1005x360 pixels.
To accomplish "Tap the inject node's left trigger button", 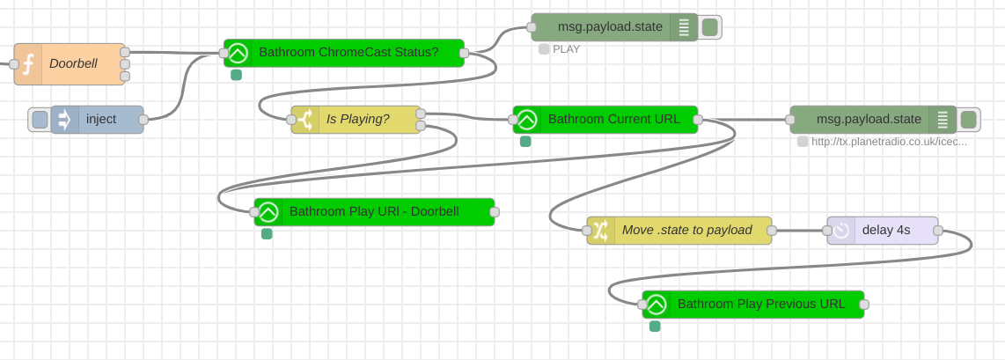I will (40, 120).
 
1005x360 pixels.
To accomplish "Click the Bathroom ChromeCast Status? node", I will (348, 53).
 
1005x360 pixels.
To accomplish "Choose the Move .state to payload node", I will (686, 231).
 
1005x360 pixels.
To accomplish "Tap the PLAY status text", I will (566, 49).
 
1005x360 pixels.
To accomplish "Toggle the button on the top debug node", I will (710, 27).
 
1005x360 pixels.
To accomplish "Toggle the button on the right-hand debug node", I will (969, 120).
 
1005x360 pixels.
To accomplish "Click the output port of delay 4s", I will (938, 231).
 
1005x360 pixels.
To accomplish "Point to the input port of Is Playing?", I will (291, 120).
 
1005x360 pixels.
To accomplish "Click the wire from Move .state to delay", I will (799, 231).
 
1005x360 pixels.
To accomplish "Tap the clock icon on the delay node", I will (841, 231).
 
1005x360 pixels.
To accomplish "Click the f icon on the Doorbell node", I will (28, 63).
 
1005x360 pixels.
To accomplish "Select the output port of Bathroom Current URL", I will (698, 120).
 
